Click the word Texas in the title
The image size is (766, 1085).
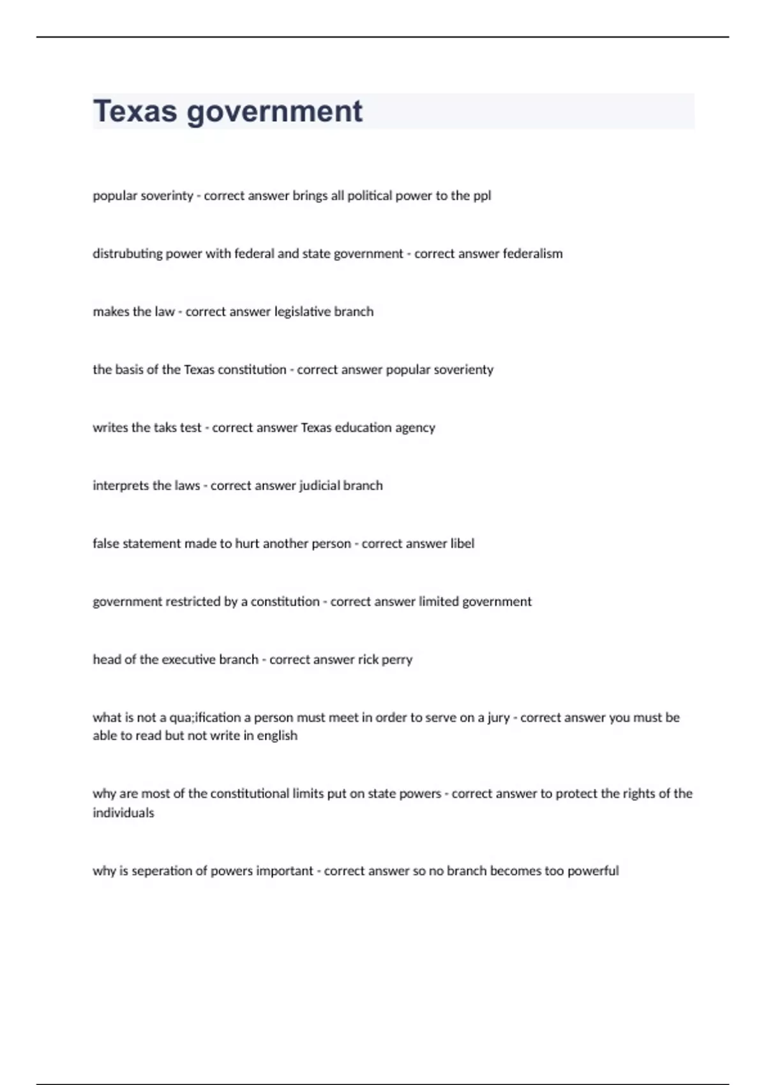click(x=135, y=111)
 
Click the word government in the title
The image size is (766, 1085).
click(x=274, y=112)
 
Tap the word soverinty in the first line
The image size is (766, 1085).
click(x=167, y=195)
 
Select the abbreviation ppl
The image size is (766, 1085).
click(x=482, y=196)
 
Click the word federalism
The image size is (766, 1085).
click(x=532, y=253)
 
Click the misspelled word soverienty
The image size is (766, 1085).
click(x=463, y=370)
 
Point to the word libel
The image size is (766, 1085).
click(x=462, y=543)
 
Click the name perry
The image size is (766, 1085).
click(x=397, y=660)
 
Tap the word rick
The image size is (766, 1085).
click(x=368, y=659)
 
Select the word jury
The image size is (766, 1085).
click(x=499, y=718)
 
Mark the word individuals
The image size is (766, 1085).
click(x=123, y=812)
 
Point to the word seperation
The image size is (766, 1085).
click(x=165, y=871)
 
